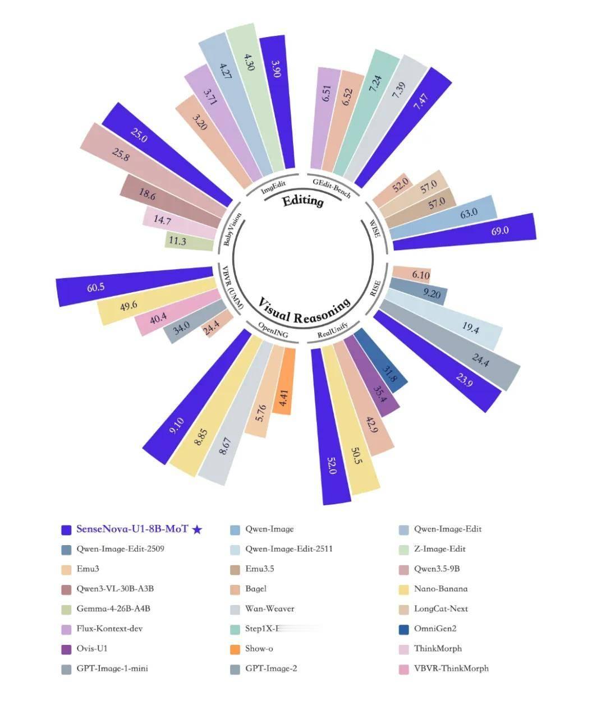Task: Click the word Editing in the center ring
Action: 303,201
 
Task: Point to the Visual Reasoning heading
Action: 304,310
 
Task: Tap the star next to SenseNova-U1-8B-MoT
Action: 197,529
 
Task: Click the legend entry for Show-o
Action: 259,648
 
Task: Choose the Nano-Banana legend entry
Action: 440,589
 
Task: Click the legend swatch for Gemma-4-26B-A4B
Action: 66,609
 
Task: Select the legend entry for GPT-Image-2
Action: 271,668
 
